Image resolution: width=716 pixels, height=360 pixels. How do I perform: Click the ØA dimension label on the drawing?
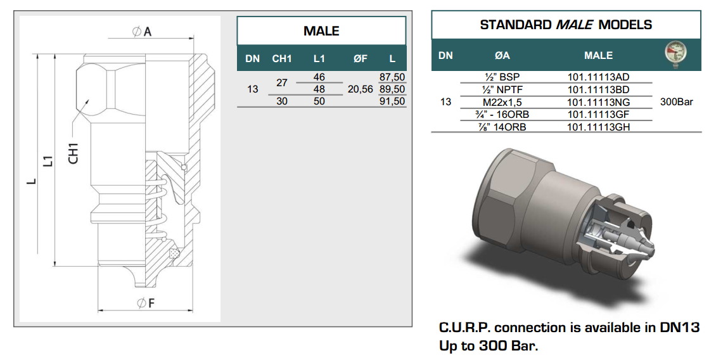tap(141, 32)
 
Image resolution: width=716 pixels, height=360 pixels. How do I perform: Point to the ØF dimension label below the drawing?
tap(146, 303)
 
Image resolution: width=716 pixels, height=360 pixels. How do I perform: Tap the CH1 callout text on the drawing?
tap(74, 153)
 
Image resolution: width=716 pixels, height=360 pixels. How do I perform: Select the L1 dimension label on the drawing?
tap(48, 161)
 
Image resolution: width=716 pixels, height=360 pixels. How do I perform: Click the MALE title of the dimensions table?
tap(321, 31)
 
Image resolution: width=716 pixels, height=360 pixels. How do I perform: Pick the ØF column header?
tap(361, 58)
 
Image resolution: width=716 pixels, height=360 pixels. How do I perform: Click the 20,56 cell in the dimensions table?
tap(361, 89)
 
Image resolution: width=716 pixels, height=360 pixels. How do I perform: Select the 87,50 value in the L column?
tap(392, 77)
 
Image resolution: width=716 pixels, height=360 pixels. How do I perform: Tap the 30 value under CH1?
tap(282, 101)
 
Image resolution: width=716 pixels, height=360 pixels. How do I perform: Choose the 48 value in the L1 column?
tap(319, 89)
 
